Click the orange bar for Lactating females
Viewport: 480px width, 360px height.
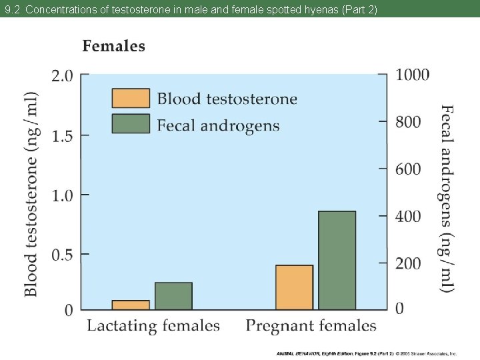click(131, 305)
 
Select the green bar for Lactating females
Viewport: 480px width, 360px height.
click(173, 296)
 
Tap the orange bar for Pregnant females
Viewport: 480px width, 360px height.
click(294, 287)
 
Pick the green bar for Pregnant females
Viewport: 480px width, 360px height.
click(337, 260)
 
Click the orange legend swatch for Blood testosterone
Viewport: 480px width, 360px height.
click(131, 98)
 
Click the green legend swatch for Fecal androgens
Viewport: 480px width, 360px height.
click(131, 124)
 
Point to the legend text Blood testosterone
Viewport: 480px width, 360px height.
click(227, 99)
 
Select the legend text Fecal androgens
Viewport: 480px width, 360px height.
click(218, 125)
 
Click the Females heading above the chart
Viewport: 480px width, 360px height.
click(113, 46)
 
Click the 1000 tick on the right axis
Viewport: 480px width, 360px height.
click(413, 74)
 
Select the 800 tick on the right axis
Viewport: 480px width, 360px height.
click(409, 121)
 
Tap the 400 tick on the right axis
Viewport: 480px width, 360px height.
click(409, 216)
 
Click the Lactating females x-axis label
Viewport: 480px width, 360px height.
click(153, 326)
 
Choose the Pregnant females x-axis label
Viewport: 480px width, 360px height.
click(311, 326)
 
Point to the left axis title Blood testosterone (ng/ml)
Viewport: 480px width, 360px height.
click(31, 193)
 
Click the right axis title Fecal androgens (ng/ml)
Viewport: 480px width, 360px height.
click(447, 197)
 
